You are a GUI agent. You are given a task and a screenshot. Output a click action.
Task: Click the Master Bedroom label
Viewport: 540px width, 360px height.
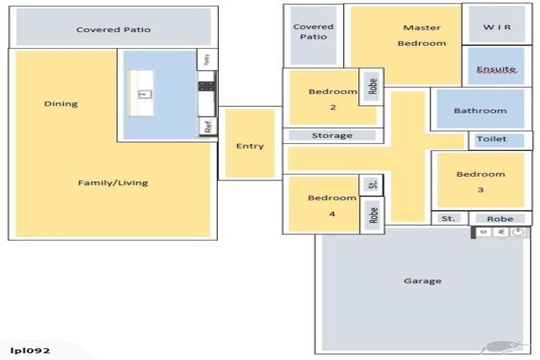(x=422, y=35)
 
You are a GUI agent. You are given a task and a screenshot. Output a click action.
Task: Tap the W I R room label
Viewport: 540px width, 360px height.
(x=496, y=27)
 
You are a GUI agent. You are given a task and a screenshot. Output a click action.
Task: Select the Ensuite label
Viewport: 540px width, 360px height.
(x=496, y=69)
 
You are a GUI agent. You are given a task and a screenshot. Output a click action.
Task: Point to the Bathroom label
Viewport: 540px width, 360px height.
(x=480, y=110)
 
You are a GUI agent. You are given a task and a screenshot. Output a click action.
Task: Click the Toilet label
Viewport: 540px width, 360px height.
(x=491, y=139)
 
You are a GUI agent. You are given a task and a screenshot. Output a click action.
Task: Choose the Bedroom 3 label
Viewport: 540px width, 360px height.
(x=480, y=181)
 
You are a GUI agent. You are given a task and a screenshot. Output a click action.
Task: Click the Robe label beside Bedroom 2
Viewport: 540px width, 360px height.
(x=373, y=86)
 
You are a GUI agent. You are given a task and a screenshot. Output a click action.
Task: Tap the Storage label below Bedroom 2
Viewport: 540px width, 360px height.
(x=332, y=136)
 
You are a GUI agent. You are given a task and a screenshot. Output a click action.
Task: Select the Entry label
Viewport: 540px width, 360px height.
(x=250, y=146)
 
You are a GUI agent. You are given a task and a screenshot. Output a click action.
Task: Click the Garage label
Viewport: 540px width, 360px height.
(x=423, y=281)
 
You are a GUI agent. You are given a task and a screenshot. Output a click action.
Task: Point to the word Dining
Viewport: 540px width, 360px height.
(x=61, y=104)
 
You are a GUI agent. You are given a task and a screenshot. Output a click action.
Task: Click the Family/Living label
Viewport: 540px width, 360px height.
(x=112, y=183)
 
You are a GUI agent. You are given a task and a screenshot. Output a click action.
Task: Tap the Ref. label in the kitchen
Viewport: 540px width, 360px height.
(x=208, y=127)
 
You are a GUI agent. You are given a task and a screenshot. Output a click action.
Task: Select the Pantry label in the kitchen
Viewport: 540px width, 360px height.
(x=207, y=60)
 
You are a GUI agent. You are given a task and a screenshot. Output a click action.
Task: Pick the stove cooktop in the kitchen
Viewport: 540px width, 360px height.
(x=207, y=86)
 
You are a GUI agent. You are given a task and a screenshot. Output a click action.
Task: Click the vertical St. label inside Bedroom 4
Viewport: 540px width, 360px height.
(x=373, y=185)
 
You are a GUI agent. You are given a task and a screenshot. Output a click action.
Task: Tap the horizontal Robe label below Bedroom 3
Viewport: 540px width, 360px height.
(x=500, y=219)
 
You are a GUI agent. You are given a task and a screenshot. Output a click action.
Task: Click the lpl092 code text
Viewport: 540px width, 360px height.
(x=30, y=350)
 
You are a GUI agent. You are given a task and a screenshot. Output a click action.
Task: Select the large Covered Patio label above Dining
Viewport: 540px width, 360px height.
(x=113, y=30)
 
